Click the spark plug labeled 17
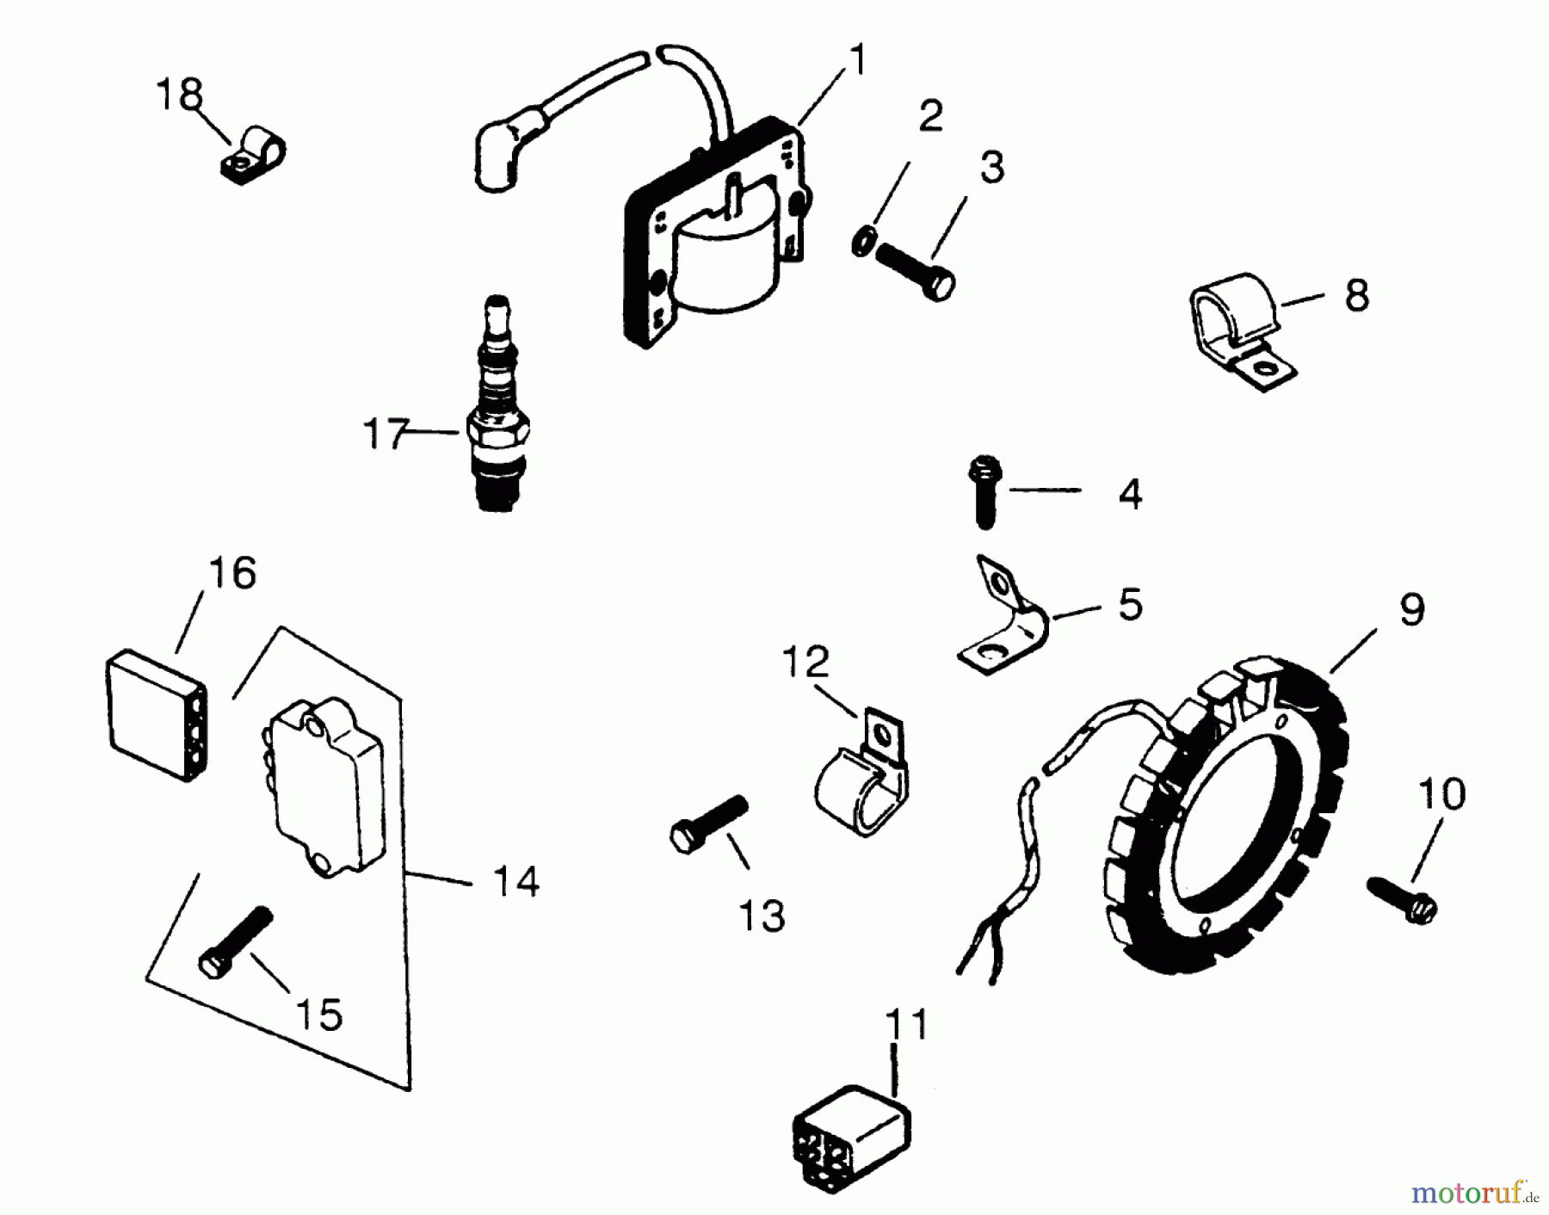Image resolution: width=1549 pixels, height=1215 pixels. point(497,413)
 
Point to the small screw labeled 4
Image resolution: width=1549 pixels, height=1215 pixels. point(985,491)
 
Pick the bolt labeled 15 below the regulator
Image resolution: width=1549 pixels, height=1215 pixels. point(235,942)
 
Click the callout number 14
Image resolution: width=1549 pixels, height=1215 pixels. point(515,881)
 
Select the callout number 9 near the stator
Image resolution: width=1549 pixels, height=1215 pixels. point(1411,609)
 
